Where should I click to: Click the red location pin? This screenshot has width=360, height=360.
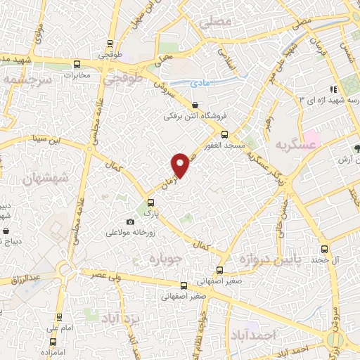tap(181, 164)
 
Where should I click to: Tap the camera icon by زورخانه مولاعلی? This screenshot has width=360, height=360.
tap(130, 222)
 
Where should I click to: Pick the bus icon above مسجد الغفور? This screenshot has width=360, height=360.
tap(224, 134)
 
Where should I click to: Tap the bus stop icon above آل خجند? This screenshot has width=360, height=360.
tap(323, 249)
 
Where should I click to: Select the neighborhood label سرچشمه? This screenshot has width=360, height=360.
tap(21, 79)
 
